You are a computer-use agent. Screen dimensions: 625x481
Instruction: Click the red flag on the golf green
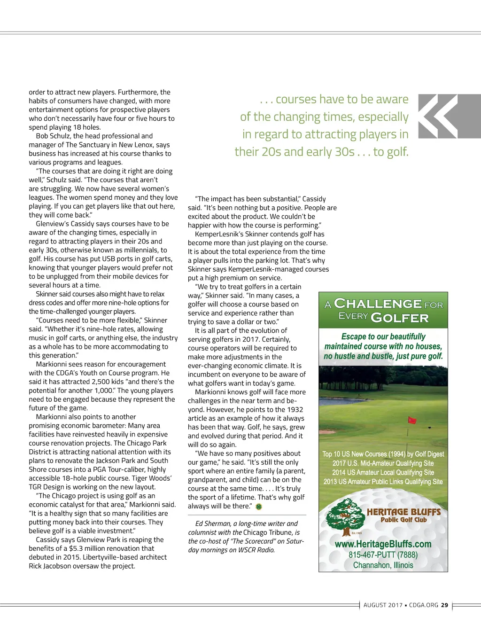coord(412,420)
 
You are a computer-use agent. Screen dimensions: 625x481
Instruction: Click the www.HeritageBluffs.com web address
coord(383,544)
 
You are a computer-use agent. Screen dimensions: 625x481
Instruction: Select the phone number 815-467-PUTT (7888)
coord(383,555)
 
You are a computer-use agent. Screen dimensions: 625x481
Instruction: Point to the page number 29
coord(444,605)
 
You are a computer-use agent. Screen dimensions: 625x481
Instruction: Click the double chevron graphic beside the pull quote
coord(438,117)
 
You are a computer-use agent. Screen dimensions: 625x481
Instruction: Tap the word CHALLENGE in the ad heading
coord(378,304)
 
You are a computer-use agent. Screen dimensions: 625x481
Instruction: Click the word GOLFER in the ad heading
coord(400,318)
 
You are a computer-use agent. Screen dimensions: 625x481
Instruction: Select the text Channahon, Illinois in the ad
coord(383,565)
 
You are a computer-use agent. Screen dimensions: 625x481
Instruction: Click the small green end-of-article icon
coord(259,507)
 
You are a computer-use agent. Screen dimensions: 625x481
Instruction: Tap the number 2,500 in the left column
coord(80,382)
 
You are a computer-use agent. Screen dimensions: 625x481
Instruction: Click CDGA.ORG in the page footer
coord(423,605)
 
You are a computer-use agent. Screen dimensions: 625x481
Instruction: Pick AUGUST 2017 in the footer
coord(383,605)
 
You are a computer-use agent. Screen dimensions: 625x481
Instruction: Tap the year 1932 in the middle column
coord(295,410)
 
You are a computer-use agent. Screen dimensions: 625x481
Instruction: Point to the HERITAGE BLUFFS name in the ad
coord(403,512)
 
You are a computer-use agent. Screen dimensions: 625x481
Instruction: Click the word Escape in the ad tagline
coord(353,336)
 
